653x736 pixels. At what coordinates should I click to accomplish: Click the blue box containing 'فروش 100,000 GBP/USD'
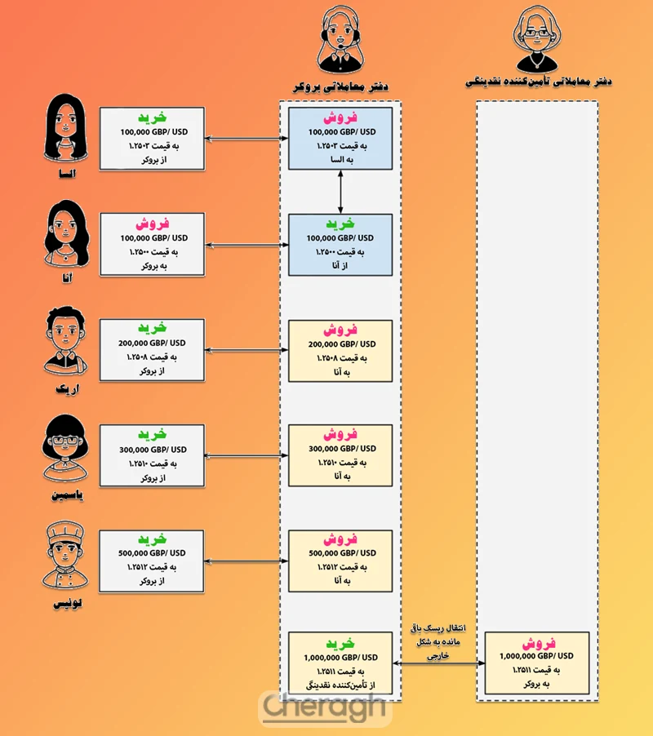[x=340, y=138]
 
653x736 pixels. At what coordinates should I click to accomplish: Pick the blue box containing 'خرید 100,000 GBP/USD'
[x=340, y=243]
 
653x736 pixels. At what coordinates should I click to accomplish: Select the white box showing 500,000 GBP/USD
[x=152, y=561]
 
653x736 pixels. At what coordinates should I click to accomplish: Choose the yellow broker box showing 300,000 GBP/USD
[x=340, y=455]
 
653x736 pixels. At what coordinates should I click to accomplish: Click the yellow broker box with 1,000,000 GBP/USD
[x=340, y=663]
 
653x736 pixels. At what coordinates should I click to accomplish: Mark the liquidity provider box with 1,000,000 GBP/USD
[x=536, y=663]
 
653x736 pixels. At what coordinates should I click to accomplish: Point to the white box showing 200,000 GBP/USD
[x=152, y=350]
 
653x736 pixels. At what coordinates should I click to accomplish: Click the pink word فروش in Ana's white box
[x=152, y=223]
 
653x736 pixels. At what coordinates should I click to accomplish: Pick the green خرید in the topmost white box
[x=152, y=117]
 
